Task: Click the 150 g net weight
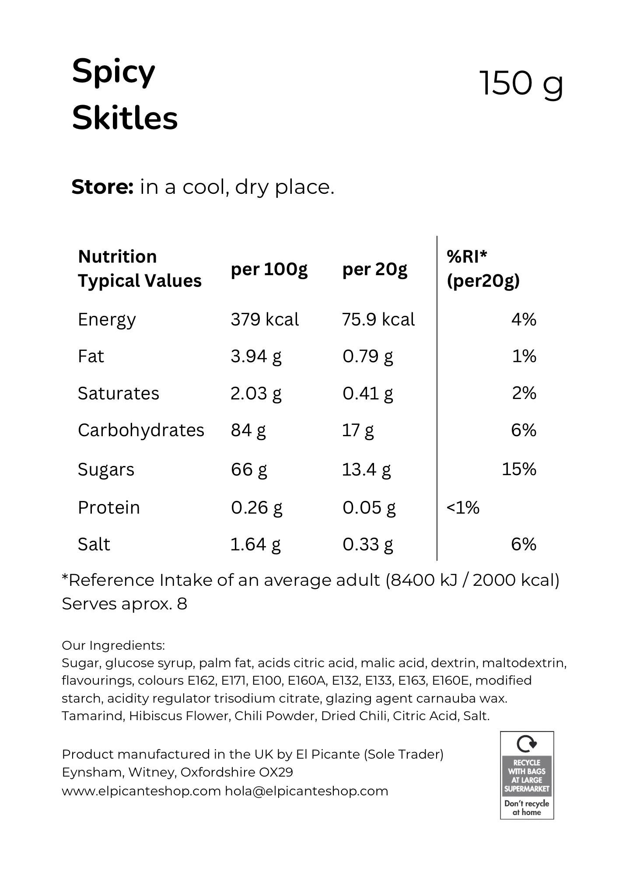(x=521, y=84)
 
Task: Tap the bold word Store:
(x=102, y=187)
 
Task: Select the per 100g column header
(x=269, y=269)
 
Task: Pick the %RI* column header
(x=467, y=257)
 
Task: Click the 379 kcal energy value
(x=265, y=320)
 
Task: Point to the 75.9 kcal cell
(x=378, y=320)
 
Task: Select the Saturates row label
(x=119, y=394)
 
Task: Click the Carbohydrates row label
(x=141, y=431)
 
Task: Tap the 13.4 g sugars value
(x=367, y=470)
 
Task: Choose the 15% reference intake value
(x=519, y=469)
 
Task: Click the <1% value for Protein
(x=463, y=507)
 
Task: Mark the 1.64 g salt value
(x=255, y=545)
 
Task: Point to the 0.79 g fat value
(x=368, y=357)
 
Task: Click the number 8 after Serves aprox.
(x=182, y=604)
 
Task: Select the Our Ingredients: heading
(x=113, y=645)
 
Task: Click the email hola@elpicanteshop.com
(x=307, y=791)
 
